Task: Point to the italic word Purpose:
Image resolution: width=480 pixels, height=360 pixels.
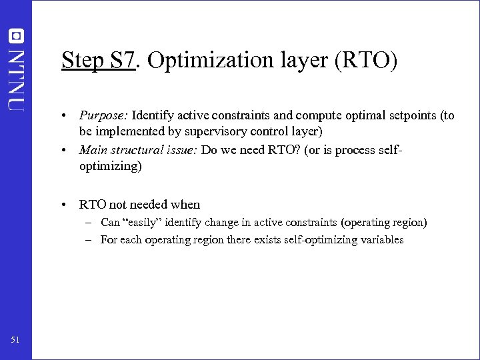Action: pos(103,116)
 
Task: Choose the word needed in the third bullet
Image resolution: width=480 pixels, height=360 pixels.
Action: pos(147,205)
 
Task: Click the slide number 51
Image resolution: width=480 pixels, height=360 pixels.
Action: pos(15,341)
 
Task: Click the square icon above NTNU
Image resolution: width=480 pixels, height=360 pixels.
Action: pos(16,35)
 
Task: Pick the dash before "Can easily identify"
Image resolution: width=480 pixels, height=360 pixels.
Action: pos(89,222)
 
